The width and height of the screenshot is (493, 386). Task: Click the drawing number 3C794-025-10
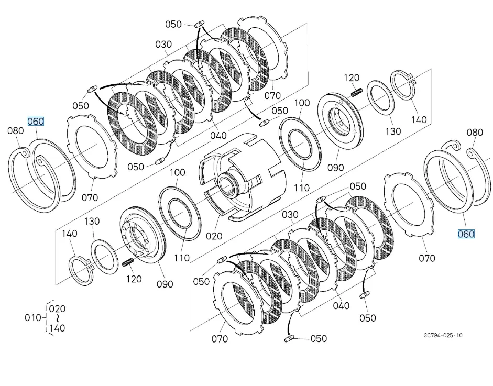pos(443,335)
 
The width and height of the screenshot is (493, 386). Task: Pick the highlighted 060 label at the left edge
pos(36,122)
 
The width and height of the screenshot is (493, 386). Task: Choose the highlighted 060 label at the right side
pos(466,234)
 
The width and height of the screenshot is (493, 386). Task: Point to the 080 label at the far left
pos(16,130)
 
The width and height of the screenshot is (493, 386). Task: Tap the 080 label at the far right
pos(475,133)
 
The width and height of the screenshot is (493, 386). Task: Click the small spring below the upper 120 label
pos(356,92)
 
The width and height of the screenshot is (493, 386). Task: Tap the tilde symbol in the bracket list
pos(57,318)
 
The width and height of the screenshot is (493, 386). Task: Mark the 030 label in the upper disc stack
pos(164,45)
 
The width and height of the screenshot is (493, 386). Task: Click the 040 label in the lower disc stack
pos(342,305)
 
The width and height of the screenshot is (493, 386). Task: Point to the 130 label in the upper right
pos(393,131)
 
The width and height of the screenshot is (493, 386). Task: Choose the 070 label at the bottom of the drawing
pos(220,339)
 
